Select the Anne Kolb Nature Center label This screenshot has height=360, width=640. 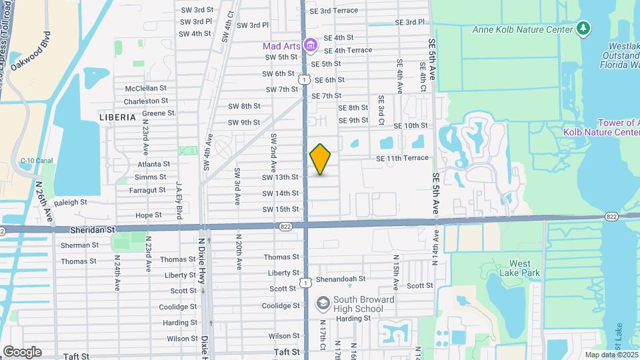click(x=523, y=29)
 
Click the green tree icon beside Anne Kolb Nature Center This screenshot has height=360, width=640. click(x=583, y=28)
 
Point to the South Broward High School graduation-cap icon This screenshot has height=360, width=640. click(x=323, y=304)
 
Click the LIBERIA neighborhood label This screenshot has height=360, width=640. click(x=117, y=117)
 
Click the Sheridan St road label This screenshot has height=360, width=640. click(x=93, y=229)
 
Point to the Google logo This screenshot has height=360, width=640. click(x=21, y=351)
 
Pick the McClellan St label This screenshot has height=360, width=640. click(x=145, y=88)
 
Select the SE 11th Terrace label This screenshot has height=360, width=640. click(x=402, y=159)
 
